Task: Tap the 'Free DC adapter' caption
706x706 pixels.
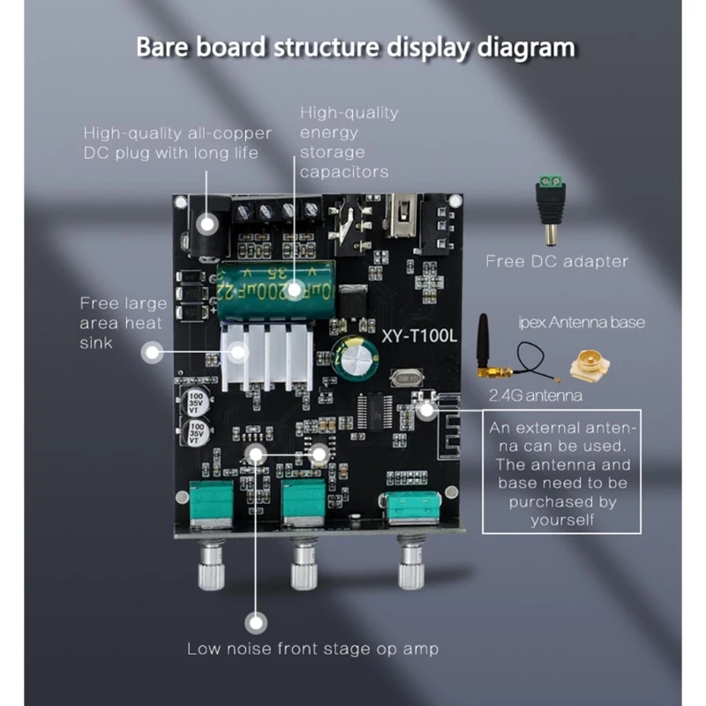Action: tap(557, 261)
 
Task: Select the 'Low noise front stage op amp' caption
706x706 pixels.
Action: tap(312, 649)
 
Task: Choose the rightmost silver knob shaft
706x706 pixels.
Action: tap(410, 566)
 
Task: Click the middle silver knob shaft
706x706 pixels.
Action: tap(304, 566)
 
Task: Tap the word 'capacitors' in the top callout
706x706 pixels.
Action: tap(344, 172)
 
